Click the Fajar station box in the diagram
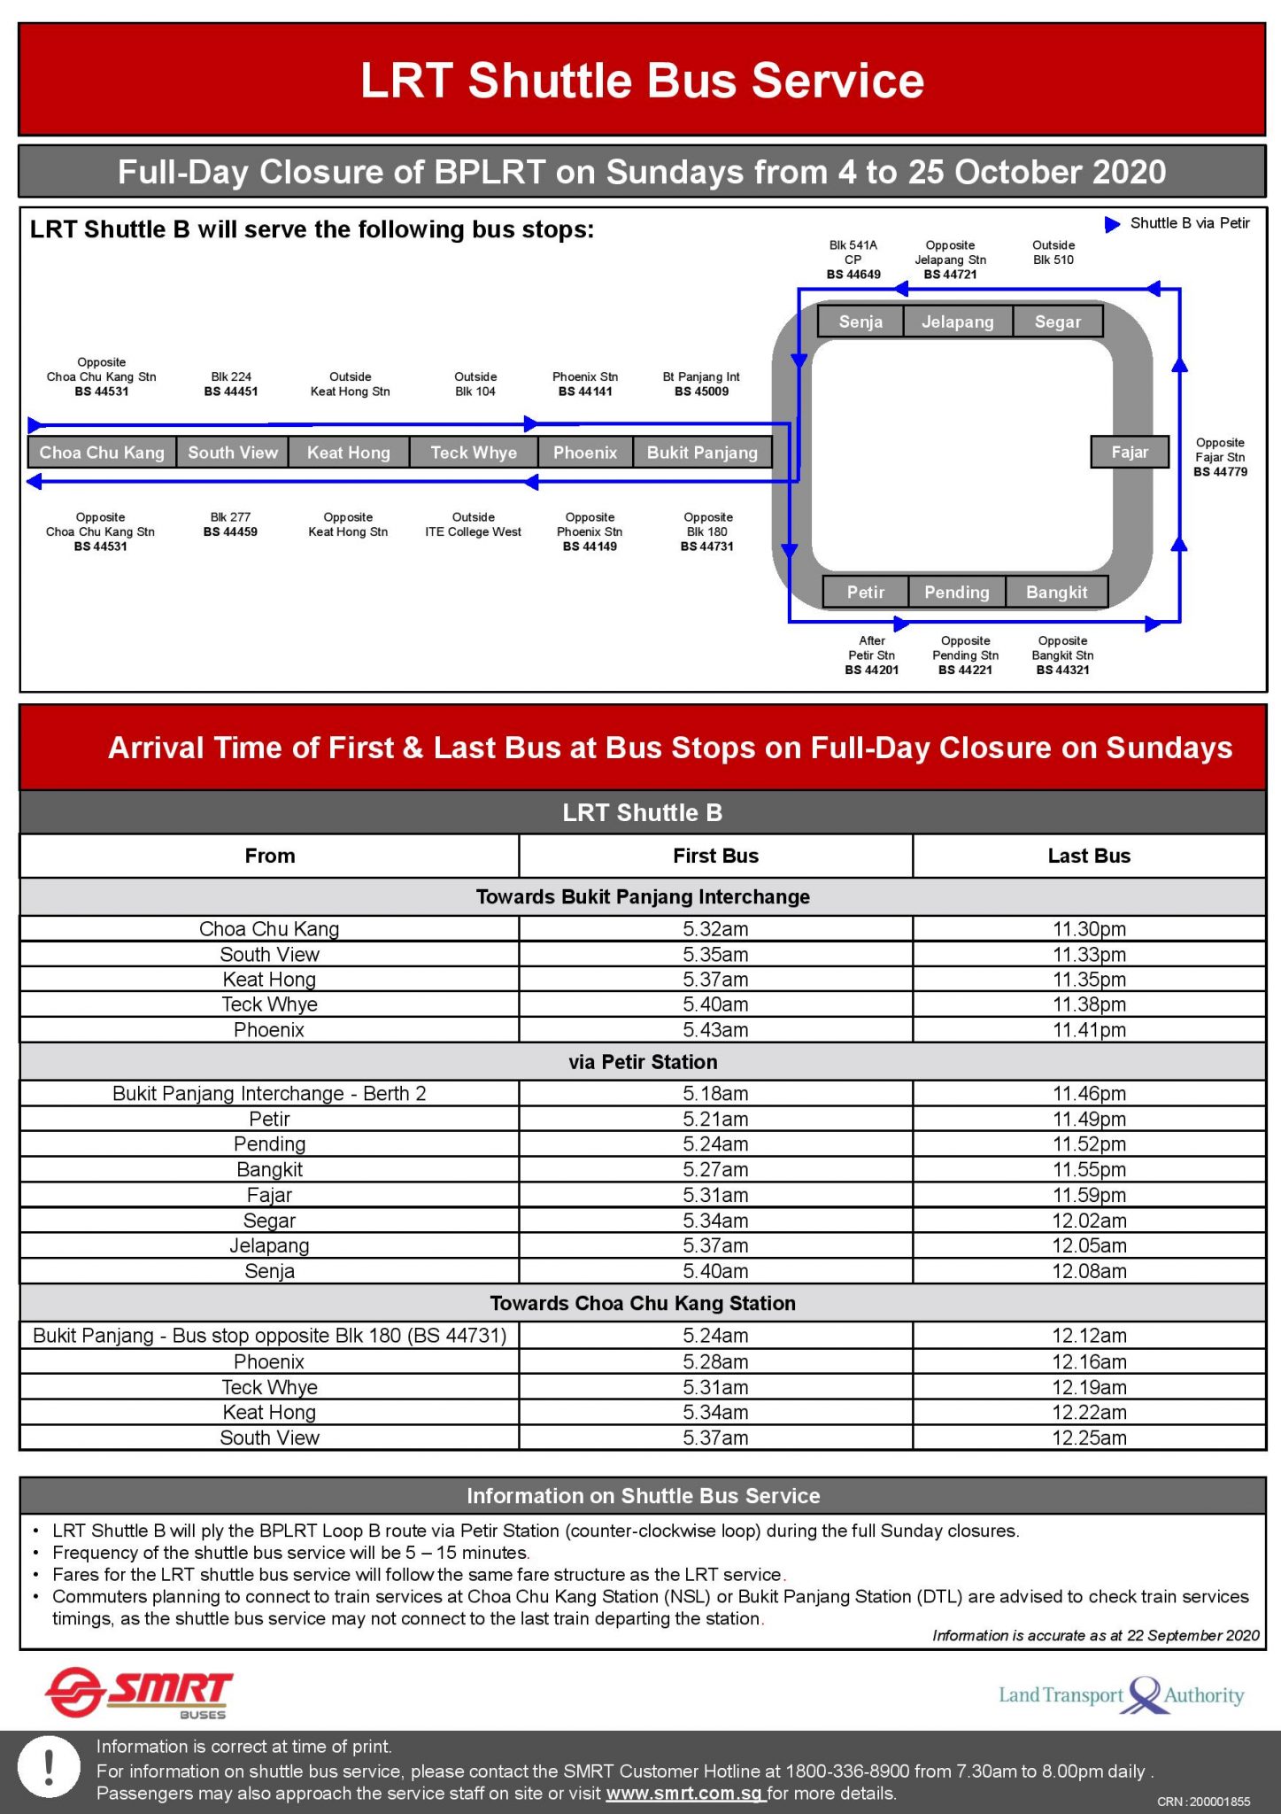click(1130, 452)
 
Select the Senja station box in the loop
click(860, 322)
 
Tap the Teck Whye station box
click(474, 453)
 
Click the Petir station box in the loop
click(865, 592)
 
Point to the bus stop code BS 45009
click(701, 391)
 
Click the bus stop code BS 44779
click(1220, 472)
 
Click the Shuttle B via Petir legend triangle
click(1113, 224)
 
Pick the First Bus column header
click(715, 856)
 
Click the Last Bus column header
click(1089, 856)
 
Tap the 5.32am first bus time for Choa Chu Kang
click(715, 929)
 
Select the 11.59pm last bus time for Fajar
click(1089, 1195)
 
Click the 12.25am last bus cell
click(1089, 1438)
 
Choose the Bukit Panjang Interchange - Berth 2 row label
click(269, 1094)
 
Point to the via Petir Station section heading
click(643, 1062)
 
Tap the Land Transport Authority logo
click(1121, 1695)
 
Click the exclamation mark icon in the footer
click(50, 1768)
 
